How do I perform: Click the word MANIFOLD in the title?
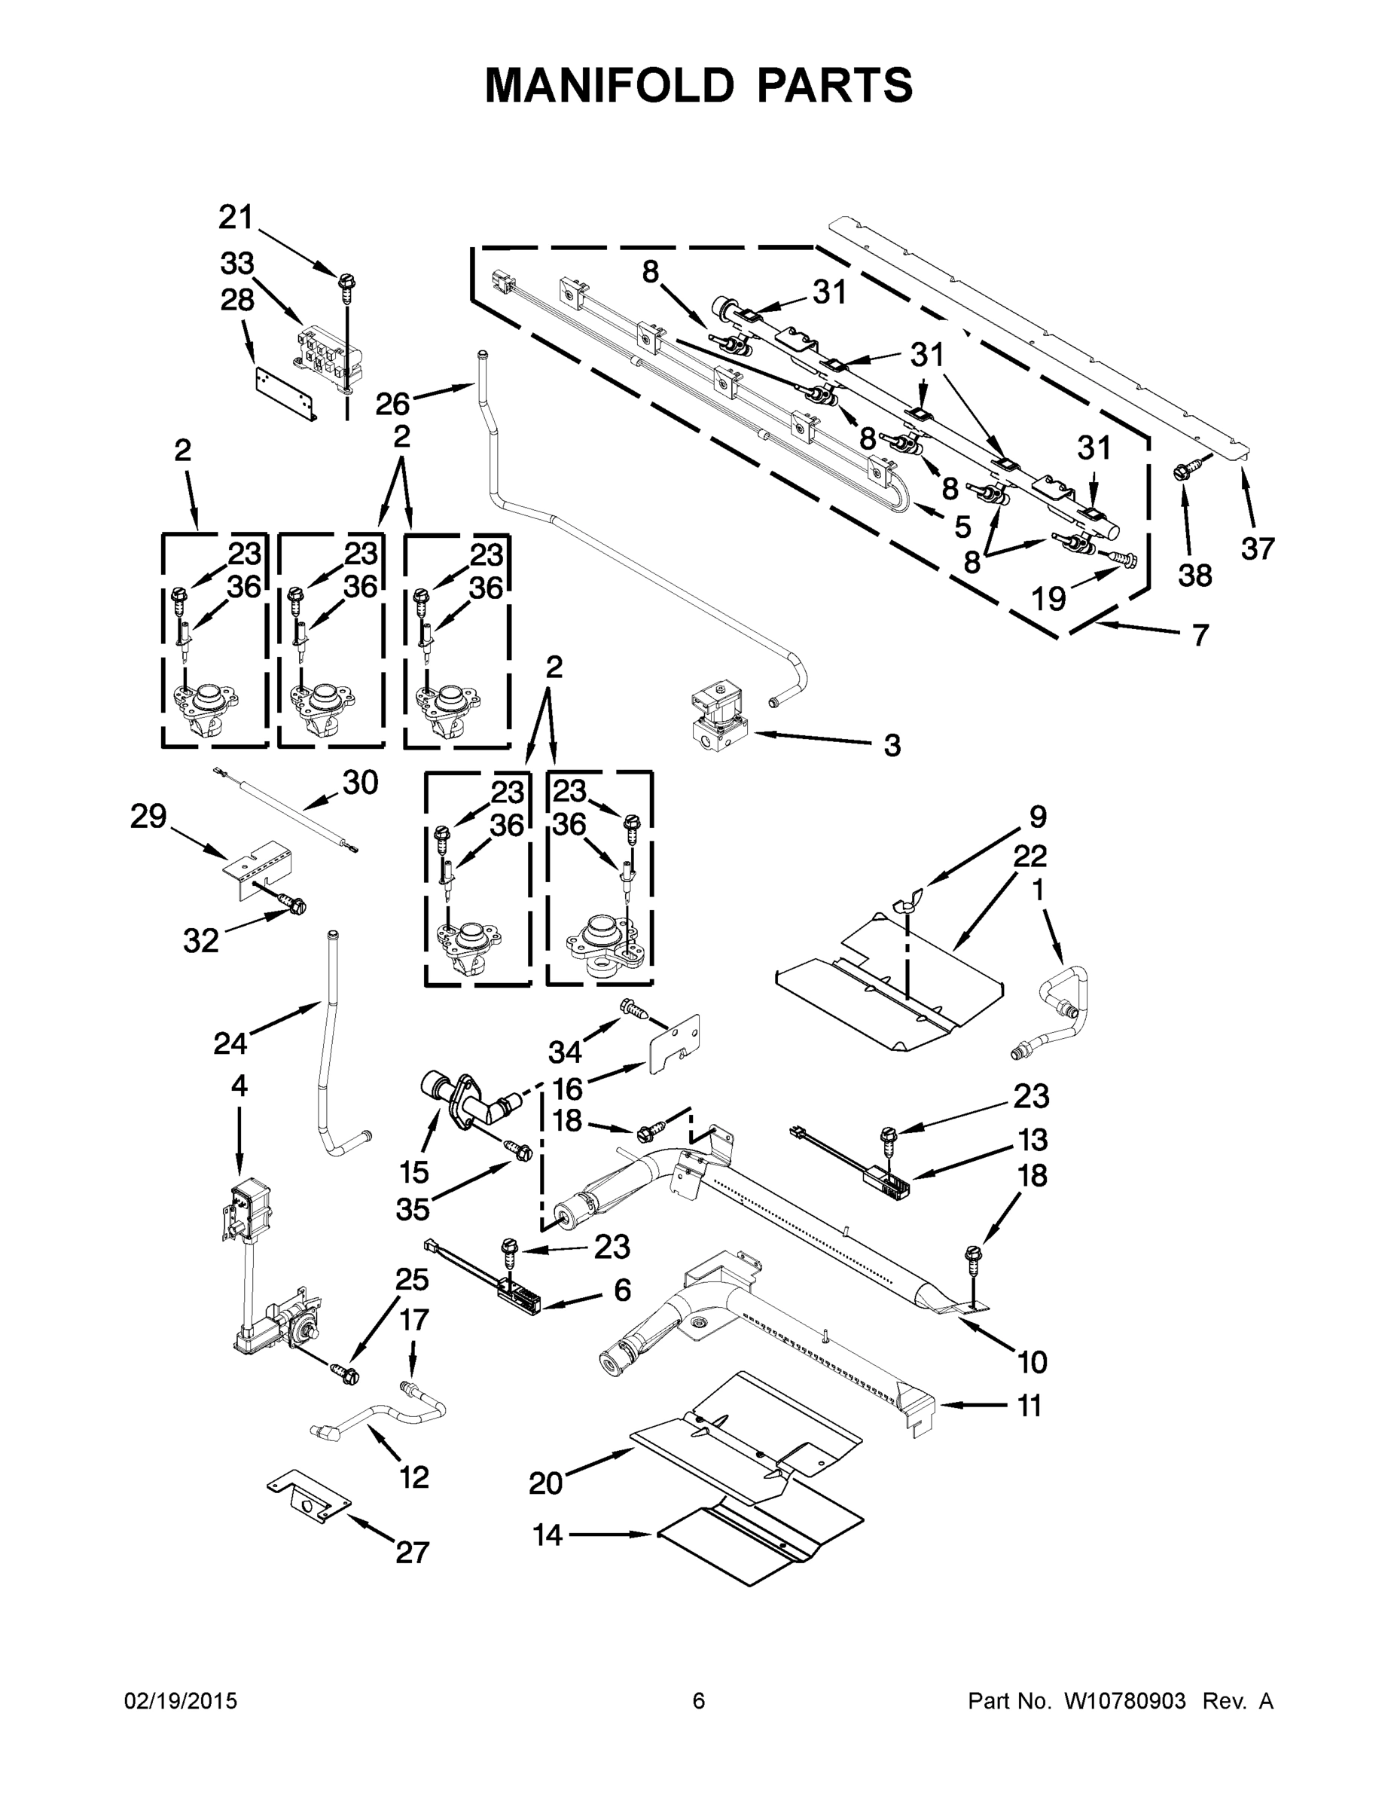609,85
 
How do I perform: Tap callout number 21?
235,218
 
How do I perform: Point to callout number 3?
892,745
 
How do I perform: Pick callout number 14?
547,1535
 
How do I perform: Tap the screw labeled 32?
294,904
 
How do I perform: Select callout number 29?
148,817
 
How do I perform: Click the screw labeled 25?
346,1374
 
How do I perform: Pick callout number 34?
566,1052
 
